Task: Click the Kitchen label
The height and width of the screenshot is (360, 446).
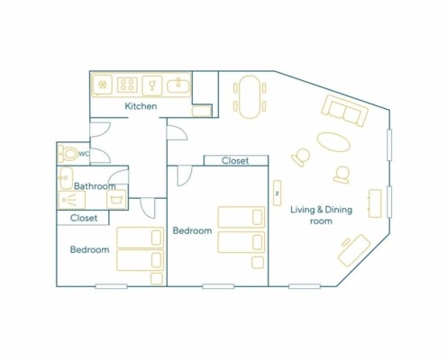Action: point(141,106)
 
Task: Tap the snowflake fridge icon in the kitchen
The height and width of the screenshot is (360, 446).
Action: point(103,85)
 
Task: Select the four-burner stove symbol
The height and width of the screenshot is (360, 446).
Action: point(127,85)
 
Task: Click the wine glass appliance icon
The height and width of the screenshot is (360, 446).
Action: point(152,85)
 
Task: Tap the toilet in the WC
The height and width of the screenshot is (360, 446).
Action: point(68,154)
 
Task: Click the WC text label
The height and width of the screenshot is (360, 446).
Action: point(84,154)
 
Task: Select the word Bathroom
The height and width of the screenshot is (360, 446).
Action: point(95,186)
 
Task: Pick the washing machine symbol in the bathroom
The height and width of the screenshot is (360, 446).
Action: point(116,199)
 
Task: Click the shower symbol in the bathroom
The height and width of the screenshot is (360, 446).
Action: point(72,200)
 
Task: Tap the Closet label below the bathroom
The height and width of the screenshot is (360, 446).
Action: point(84,218)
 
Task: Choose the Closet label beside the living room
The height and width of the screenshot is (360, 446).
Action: point(235,161)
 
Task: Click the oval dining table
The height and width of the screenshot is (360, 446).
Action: point(250,97)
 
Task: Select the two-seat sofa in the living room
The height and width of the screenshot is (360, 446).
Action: point(344,111)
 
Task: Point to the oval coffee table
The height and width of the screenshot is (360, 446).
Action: point(333,142)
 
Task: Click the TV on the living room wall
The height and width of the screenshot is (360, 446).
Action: point(278,193)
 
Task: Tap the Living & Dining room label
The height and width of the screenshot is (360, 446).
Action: point(322,215)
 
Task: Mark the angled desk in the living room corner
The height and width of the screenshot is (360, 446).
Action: point(354,250)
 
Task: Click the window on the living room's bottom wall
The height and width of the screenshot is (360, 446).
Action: point(305,286)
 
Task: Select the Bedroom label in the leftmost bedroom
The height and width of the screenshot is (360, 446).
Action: point(89,249)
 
